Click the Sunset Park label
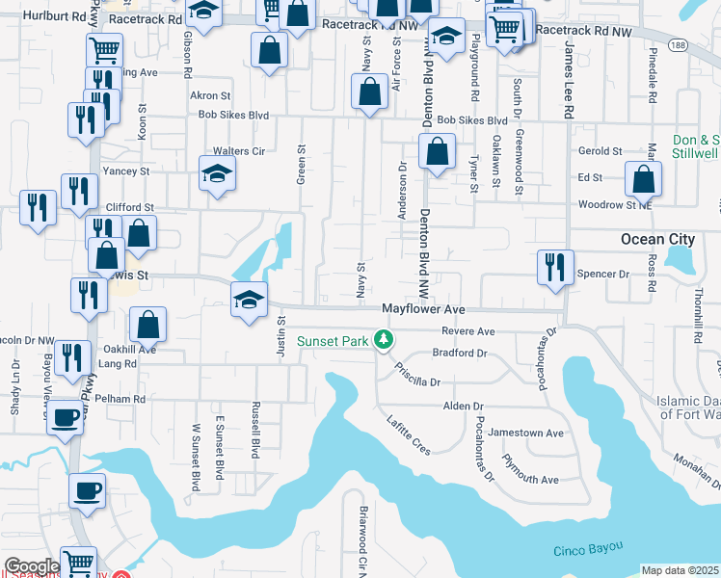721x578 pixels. [334, 340]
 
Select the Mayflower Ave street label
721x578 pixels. [423, 309]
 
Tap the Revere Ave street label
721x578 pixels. [467, 330]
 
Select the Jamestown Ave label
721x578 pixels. [525, 433]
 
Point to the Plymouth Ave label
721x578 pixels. [529, 479]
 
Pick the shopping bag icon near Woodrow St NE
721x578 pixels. [643, 179]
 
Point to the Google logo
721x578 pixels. [32, 566]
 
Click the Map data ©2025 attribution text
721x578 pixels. [680, 570]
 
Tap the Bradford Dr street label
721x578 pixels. [460, 353]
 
